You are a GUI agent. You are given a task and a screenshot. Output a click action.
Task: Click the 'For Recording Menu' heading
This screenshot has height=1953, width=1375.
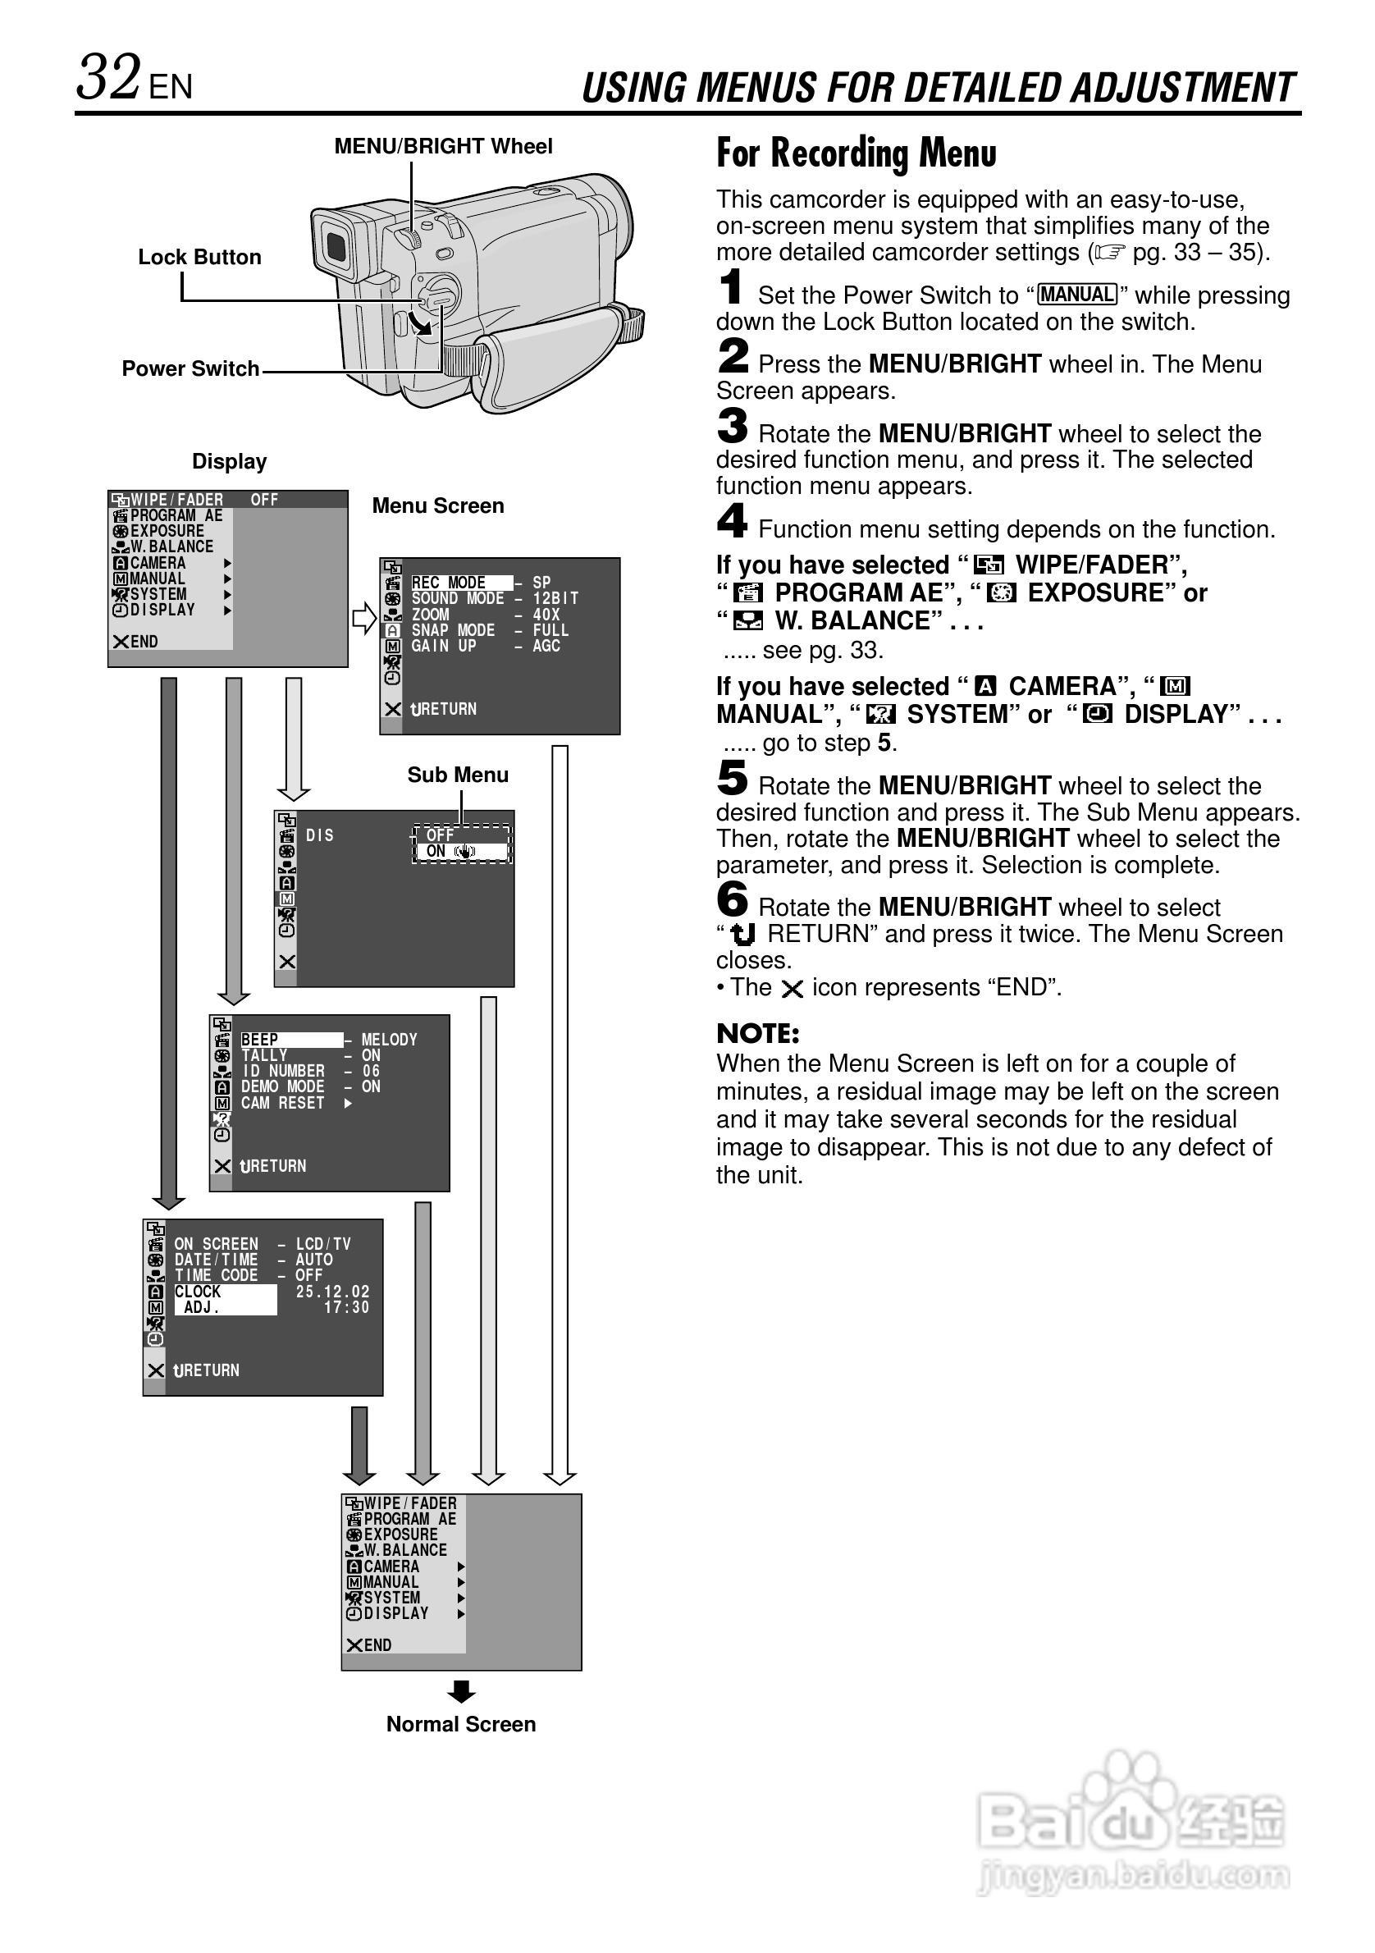[856, 154]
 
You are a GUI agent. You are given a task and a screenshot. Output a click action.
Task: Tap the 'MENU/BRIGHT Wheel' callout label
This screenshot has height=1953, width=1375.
[442, 146]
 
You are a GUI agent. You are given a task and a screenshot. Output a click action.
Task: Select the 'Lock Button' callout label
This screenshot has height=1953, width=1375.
[199, 257]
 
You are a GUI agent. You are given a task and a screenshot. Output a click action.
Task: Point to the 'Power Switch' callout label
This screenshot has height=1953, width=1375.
[190, 368]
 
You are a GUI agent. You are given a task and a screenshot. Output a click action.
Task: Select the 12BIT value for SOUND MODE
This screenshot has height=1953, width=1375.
[555, 598]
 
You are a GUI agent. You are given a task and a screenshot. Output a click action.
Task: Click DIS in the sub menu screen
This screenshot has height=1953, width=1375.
[320, 835]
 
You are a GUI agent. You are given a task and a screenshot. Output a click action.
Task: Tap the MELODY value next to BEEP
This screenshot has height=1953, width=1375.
[389, 1040]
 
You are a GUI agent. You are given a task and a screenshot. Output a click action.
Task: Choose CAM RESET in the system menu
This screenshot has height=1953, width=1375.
[283, 1103]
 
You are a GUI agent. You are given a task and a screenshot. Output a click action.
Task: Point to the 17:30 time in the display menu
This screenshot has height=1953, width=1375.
[346, 1307]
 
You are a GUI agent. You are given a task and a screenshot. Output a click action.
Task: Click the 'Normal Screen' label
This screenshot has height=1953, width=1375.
[461, 1724]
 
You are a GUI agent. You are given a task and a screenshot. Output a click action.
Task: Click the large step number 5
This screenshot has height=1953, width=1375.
[732, 778]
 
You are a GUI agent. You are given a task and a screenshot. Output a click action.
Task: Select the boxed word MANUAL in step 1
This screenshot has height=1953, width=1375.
[1076, 295]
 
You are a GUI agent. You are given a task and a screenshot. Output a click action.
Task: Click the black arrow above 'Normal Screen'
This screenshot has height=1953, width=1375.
[461, 1692]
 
